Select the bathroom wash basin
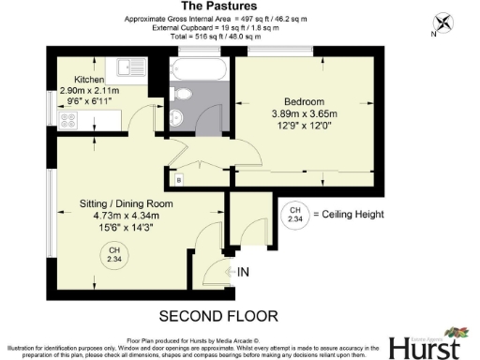coord(178,117)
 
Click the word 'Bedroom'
coord(305,101)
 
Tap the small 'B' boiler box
coord(179,178)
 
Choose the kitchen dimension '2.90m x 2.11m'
coord(90,92)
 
